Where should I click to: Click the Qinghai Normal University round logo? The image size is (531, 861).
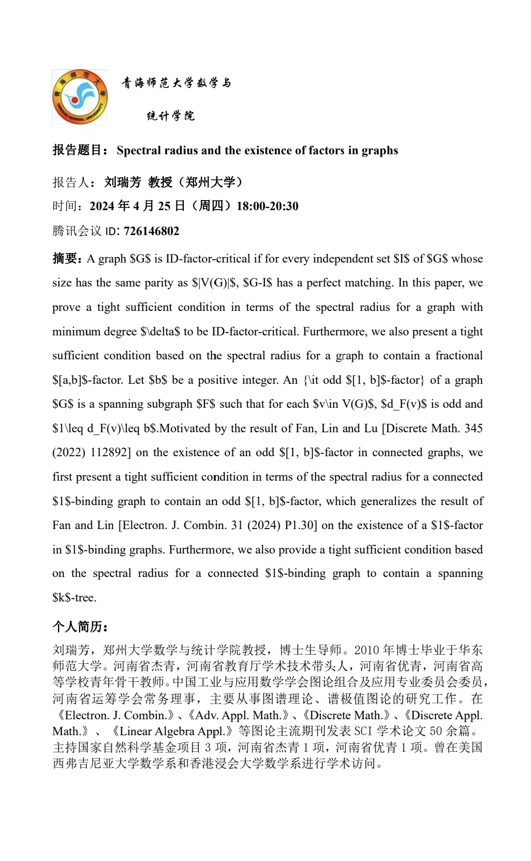click(x=79, y=97)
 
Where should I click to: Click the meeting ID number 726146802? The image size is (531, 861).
click(x=151, y=231)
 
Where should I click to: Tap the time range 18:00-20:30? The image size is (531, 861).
click(x=267, y=206)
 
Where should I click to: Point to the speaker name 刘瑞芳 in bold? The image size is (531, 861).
click(x=123, y=182)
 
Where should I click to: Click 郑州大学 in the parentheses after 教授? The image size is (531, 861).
click(x=210, y=182)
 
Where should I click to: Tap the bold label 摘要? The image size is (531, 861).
click(x=65, y=259)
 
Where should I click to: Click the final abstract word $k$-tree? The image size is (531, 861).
click(x=74, y=598)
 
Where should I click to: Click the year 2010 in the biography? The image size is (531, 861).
click(x=367, y=650)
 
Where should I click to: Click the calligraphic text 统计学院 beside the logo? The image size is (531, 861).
click(x=170, y=116)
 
